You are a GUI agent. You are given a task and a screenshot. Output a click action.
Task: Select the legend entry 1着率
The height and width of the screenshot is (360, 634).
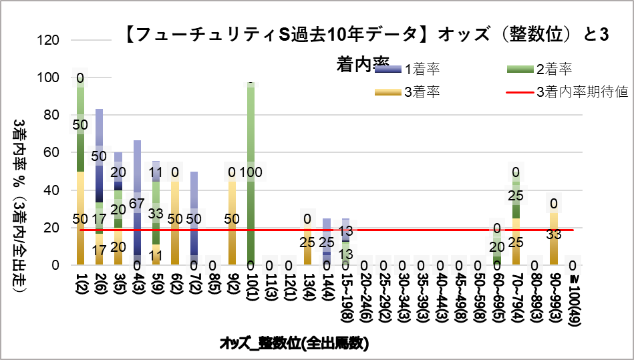(422, 69)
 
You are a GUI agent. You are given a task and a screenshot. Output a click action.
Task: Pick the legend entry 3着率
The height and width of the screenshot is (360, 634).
(422, 92)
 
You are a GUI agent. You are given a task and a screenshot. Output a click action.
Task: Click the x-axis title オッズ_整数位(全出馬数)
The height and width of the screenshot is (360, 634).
(294, 343)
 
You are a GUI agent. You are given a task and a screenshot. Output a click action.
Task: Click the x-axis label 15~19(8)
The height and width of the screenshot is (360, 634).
(345, 294)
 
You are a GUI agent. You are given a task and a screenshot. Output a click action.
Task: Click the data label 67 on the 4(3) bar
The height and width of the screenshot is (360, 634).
(137, 203)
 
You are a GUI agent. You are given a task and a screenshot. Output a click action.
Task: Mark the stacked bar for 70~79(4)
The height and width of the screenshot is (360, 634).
(516, 220)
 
